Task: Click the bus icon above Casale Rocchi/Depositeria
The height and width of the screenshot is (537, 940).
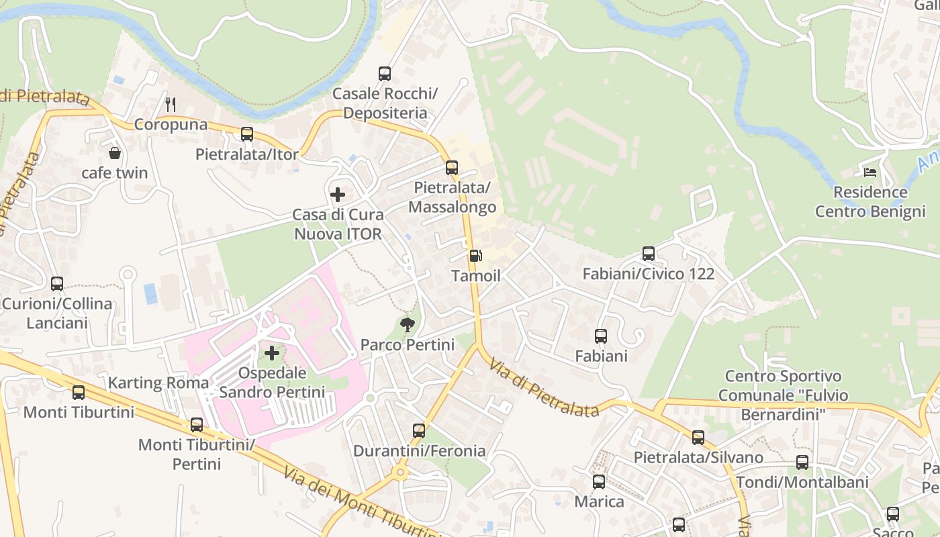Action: [x=385, y=74]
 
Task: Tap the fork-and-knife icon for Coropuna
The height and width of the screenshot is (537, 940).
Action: [x=171, y=104]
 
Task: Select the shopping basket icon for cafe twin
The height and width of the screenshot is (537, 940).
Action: [x=115, y=153]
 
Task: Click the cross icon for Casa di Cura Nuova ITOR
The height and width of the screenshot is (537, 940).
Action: [x=338, y=195]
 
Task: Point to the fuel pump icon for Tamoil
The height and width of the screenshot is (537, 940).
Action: [x=475, y=256]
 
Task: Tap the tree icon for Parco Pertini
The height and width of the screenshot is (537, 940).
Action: [x=407, y=326]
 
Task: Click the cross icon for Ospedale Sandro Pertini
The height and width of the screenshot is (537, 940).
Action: [x=272, y=352]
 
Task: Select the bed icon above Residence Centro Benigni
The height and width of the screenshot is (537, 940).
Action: [x=870, y=173]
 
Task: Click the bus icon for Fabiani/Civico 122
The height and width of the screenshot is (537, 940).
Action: [x=648, y=254]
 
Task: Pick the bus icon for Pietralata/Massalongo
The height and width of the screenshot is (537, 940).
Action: [x=452, y=168]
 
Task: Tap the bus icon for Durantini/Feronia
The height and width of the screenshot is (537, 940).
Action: [x=419, y=431]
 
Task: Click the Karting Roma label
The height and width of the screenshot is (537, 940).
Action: [x=158, y=383]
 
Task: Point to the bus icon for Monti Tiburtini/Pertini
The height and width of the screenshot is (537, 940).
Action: [x=197, y=425]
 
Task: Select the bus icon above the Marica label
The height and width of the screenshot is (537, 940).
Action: [x=599, y=482]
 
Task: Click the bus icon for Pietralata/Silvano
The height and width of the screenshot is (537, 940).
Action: [x=698, y=438]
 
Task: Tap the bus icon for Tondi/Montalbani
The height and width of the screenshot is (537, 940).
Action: [x=802, y=462]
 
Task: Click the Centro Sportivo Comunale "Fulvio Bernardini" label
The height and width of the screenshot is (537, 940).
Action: [x=783, y=395]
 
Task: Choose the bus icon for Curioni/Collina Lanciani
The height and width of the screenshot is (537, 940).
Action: [x=57, y=284]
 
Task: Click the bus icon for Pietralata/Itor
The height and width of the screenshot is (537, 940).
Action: [x=247, y=134]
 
